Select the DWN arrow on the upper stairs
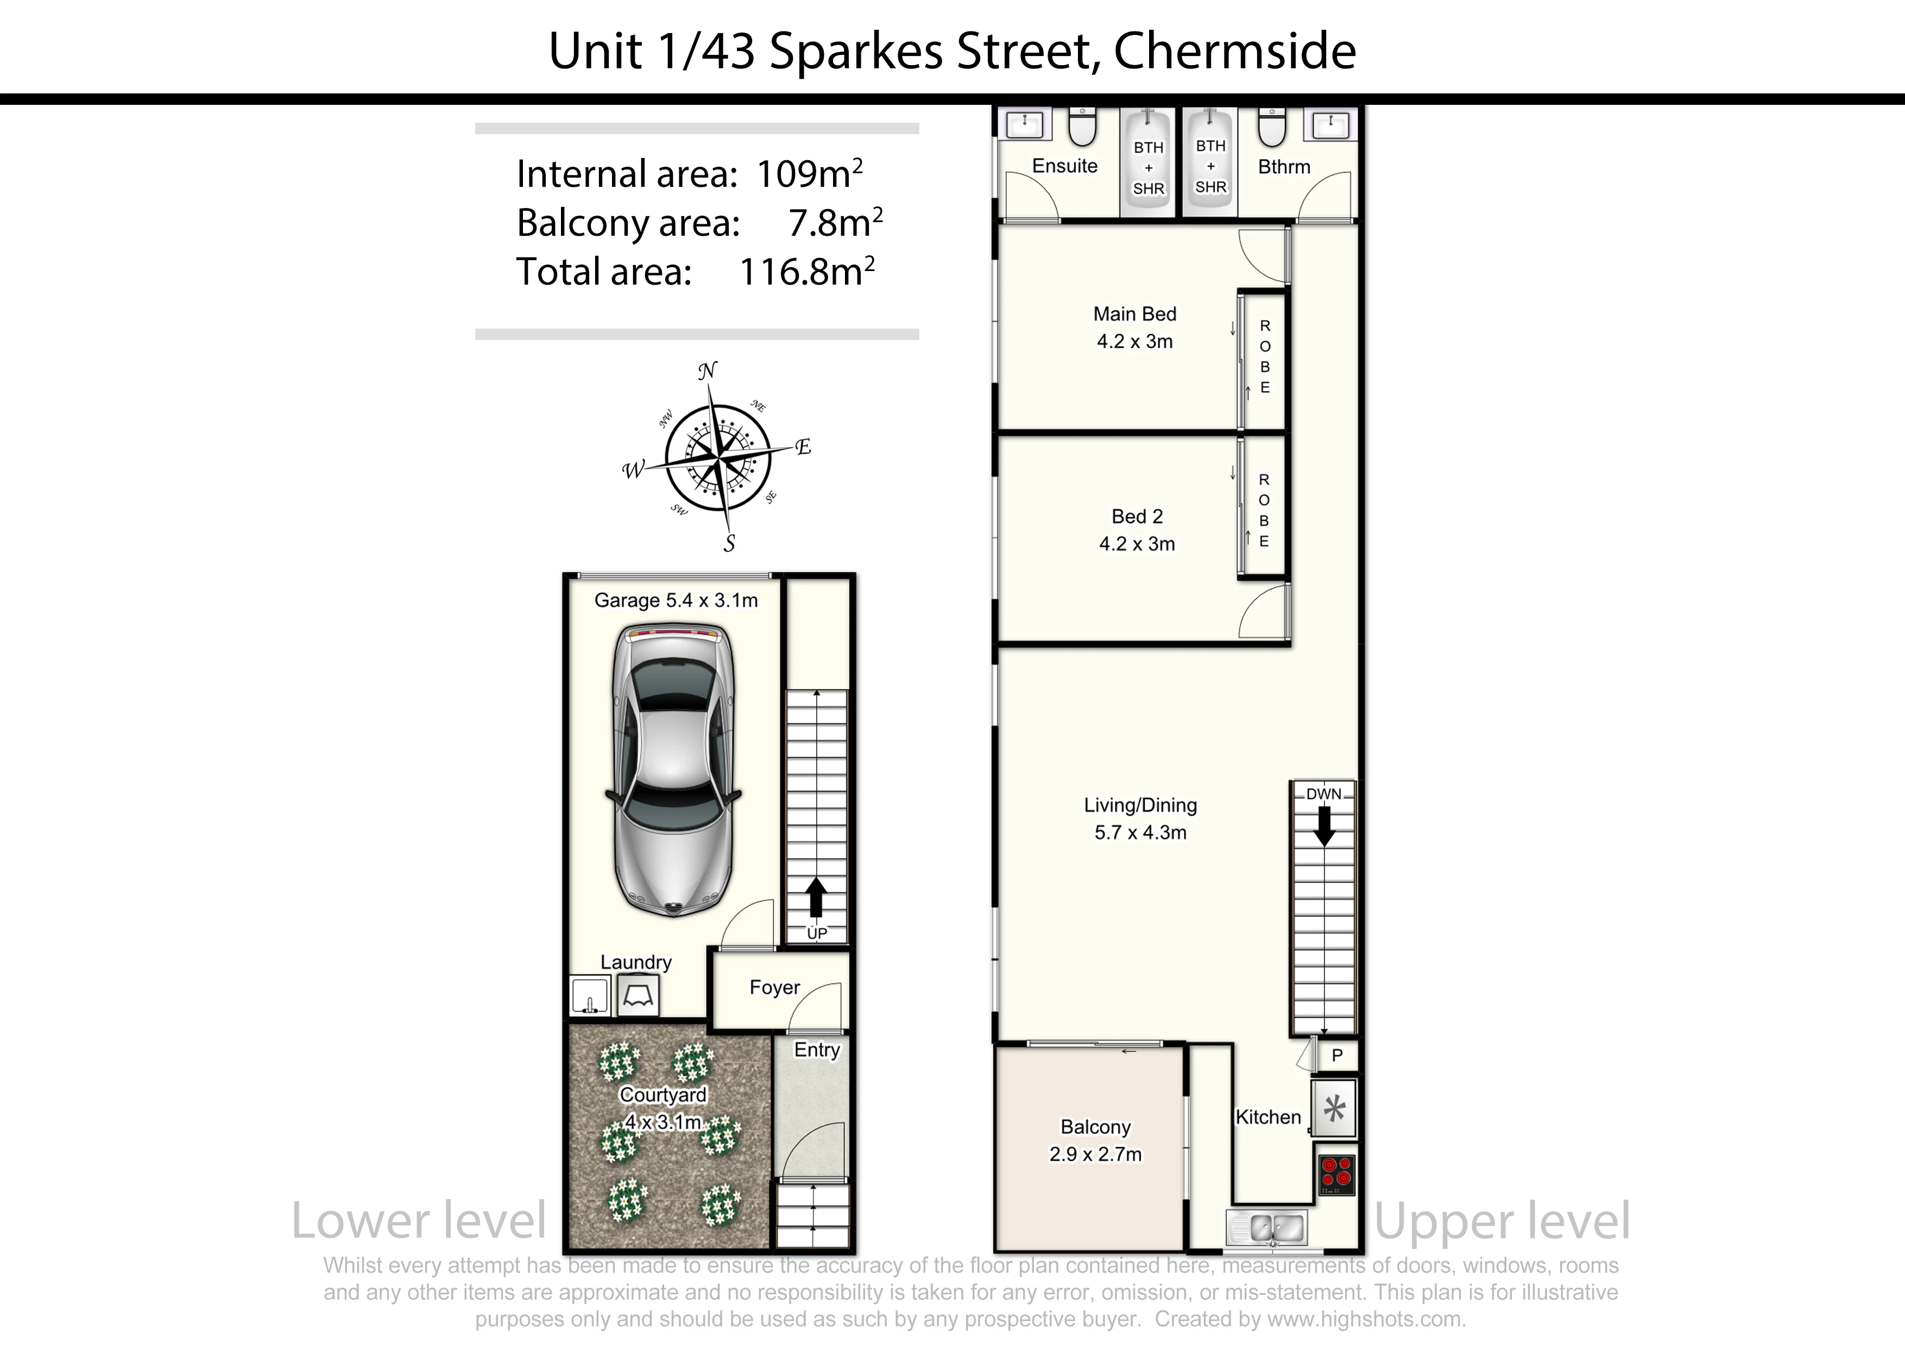pyautogui.click(x=1324, y=827)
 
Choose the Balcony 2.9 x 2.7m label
pyautogui.click(x=1095, y=1141)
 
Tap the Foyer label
pyautogui.click(x=774, y=987)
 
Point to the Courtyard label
pyautogui.click(x=663, y=1094)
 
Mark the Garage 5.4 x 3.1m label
pyautogui.click(x=676, y=600)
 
